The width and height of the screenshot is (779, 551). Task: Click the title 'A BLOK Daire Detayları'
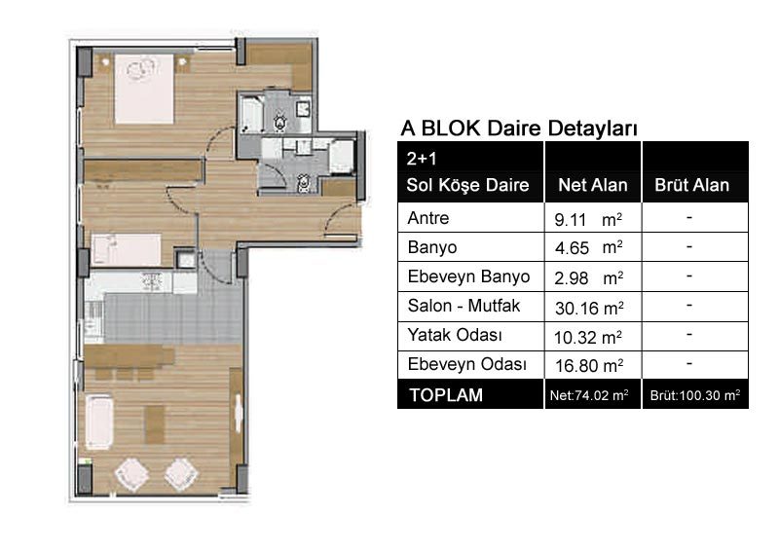[519, 129]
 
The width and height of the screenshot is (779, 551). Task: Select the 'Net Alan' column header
[593, 185]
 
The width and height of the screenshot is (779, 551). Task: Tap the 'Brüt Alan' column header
[691, 185]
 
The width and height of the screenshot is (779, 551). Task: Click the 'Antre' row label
[428, 218]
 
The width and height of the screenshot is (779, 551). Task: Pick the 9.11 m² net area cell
[588, 219]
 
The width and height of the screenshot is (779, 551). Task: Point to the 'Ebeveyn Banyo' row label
[468, 276]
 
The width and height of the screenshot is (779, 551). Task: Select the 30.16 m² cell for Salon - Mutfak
[589, 308]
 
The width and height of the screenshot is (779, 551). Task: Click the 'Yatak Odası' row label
[455, 335]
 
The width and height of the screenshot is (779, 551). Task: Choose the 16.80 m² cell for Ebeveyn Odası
[589, 366]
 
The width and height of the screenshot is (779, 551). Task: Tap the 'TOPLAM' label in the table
[446, 395]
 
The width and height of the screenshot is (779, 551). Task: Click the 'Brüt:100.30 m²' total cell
[695, 395]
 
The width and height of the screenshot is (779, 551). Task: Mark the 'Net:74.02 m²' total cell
[589, 395]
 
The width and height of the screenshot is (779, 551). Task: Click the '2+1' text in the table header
[422, 159]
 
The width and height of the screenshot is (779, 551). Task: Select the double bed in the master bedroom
[144, 89]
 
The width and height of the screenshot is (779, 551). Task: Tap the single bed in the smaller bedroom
[127, 250]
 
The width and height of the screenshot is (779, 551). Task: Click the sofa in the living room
[99, 422]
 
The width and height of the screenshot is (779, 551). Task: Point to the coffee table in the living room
[155, 424]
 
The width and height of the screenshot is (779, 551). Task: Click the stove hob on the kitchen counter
[152, 281]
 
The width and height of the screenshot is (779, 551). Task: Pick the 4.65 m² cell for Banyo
[589, 248]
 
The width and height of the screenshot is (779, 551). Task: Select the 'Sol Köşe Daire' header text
[467, 185]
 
